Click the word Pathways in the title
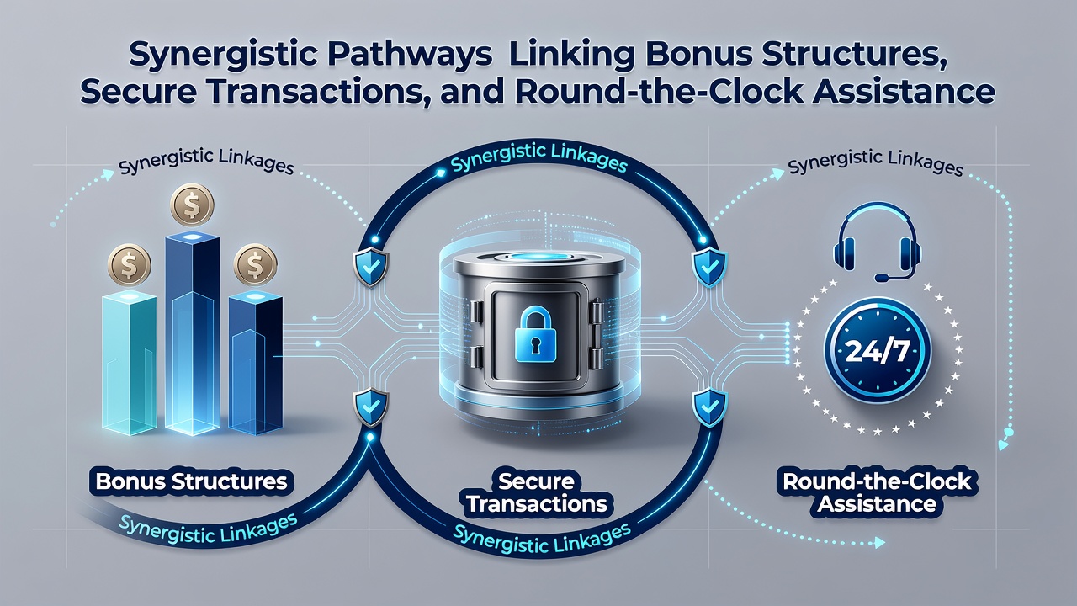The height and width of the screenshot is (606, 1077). point(408,56)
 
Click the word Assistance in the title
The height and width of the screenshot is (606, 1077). point(904,92)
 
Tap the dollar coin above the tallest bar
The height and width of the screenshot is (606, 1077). point(193,205)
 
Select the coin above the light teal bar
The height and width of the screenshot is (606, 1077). point(130,265)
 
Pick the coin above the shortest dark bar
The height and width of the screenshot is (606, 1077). point(255,265)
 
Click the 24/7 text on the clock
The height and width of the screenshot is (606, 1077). point(877,350)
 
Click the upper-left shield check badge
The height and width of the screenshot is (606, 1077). point(371,268)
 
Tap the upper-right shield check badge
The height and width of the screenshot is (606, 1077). point(709,268)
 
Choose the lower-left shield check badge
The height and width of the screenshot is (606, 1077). point(371,408)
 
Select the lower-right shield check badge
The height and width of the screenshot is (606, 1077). point(709,408)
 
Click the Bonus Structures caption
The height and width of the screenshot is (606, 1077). point(191,481)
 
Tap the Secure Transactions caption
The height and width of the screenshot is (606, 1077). point(537,492)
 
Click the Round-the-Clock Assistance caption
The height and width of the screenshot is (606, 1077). point(877,492)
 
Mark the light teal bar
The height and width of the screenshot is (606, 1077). point(130,364)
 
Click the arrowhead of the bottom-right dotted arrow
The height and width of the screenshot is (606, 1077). point(880,543)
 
